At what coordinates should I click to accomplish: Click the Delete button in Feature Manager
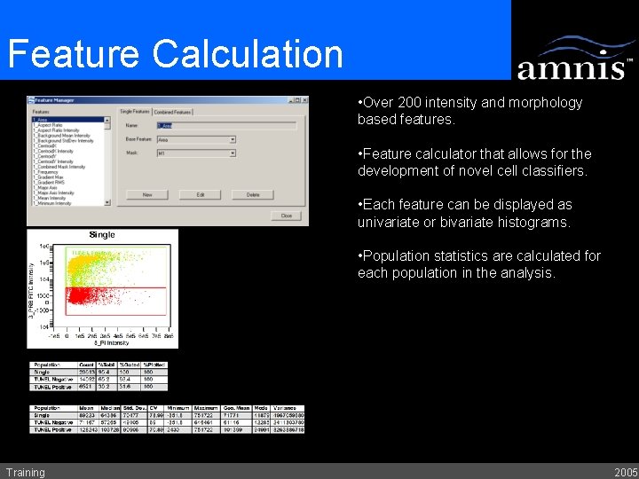[x=253, y=194]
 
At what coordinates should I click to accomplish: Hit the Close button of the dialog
[x=286, y=216]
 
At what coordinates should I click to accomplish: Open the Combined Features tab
[x=172, y=112]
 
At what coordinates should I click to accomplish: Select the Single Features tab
[x=134, y=112]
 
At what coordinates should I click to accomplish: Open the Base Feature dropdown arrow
[x=233, y=139]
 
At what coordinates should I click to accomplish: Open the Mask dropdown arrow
[x=233, y=153]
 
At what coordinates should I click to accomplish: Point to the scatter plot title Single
[x=102, y=235]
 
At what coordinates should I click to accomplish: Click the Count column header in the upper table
[x=86, y=365]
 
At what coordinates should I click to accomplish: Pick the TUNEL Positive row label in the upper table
[x=51, y=387]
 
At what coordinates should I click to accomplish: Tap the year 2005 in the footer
[x=625, y=472]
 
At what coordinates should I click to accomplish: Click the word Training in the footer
[x=25, y=472]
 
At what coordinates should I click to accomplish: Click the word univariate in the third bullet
[x=390, y=222]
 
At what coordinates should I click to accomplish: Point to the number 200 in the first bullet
[x=414, y=102]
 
